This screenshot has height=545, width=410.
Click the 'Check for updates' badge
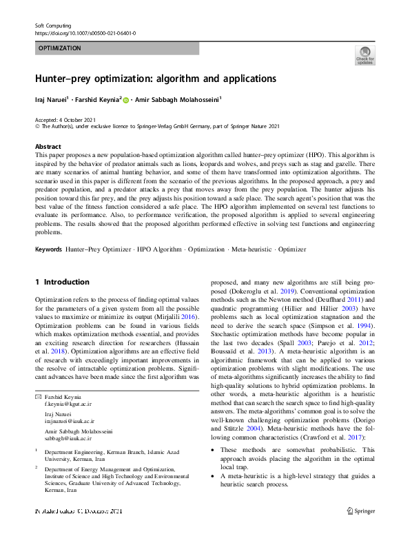pyautogui.click(x=365, y=54)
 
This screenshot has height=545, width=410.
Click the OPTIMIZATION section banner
pyautogui.click(x=116, y=48)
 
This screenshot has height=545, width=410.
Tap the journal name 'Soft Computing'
pyautogui.click(x=54, y=25)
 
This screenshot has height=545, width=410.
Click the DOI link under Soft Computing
pyautogui.click(x=85, y=33)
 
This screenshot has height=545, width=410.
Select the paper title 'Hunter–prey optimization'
pyautogui.click(x=156, y=79)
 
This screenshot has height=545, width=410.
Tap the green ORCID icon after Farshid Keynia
pyautogui.click(x=126, y=100)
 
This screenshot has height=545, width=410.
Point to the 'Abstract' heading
pyautogui.click(x=48, y=147)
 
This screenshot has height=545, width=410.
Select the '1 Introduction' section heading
pyautogui.click(x=62, y=282)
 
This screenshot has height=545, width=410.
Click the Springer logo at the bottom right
pyautogui.click(x=360, y=511)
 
